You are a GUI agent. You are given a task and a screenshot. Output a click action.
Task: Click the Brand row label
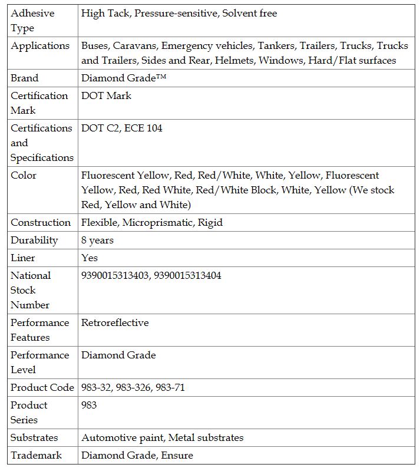click(25, 78)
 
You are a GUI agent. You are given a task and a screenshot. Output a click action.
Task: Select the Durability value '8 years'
click(97, 240)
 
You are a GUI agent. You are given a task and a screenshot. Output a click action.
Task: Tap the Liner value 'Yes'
click(90, 258)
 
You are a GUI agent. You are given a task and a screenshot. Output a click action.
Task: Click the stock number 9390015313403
click(115, 275)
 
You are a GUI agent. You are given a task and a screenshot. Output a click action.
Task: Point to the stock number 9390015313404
click(188, 275)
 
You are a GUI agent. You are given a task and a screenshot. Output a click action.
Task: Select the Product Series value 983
click(89, 405)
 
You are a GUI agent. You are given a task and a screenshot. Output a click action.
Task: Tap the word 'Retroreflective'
click(115, 322)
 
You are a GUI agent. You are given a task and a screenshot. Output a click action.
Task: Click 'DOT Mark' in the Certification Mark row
click(106, 95)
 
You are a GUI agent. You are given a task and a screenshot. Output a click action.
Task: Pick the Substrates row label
click(34, 437)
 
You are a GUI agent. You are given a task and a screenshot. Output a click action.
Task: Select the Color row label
click(24, 175)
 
